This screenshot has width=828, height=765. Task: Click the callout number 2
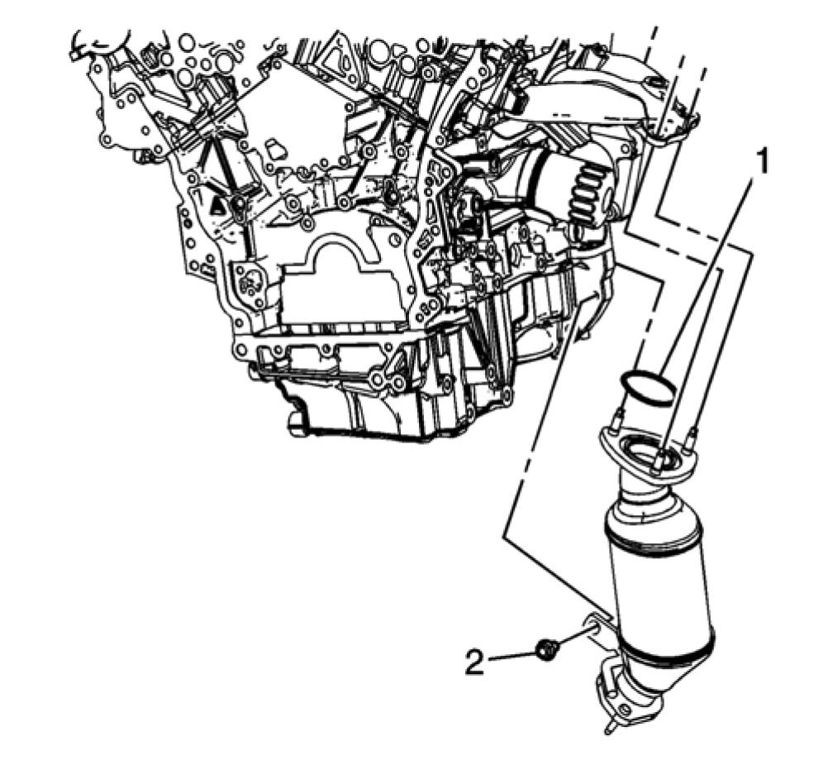pos(474,662)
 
